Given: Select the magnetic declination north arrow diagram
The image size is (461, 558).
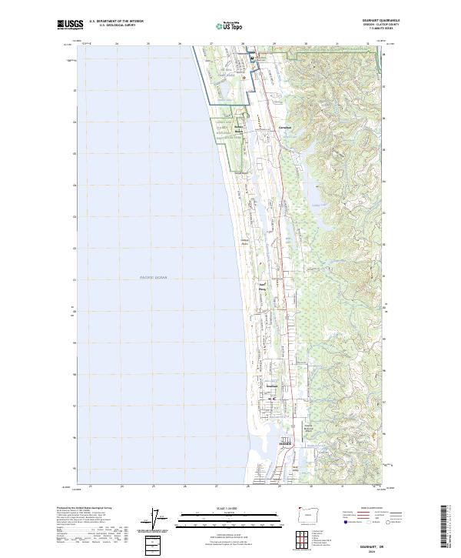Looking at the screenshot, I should tap(157, 521).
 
